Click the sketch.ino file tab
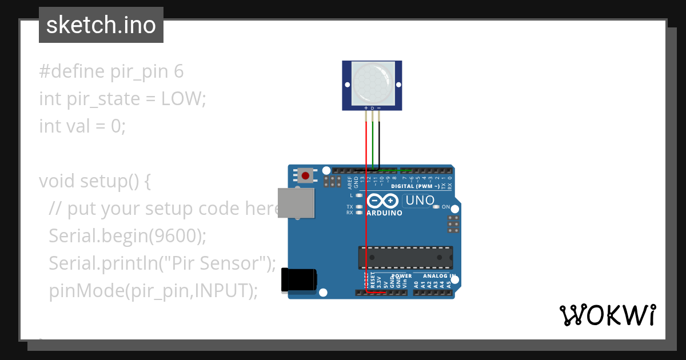(x=101, y=25)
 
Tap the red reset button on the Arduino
(x=305, y=175)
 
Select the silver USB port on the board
(x=296, y=203)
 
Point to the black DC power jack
(x=299, y=281)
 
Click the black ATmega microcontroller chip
(x=405, y=258)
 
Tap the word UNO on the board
(x=419, y=201)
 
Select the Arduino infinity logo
(x=382, y=201)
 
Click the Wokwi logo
(x=607, y=315)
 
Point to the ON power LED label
(x=446, y=207)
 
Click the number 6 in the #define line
(x=178, y=71)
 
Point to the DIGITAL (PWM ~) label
(x=415, y=186)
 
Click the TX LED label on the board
(x=350, y=207)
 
